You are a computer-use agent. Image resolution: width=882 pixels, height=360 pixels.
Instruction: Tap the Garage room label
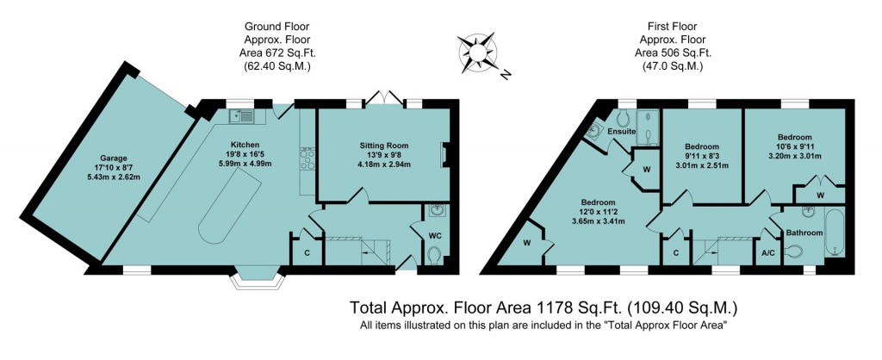pos(113,158)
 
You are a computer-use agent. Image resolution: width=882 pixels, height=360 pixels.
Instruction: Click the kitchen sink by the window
pos(241,115)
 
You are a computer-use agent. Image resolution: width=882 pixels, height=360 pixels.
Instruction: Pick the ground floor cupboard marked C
pos(305,252)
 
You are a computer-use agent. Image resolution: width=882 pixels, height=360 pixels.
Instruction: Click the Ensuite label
pos(621,132)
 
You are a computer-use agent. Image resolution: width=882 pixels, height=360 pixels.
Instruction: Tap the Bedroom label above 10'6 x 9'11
pos(793,137)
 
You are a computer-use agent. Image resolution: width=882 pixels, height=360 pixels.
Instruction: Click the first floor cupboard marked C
pos(676,252)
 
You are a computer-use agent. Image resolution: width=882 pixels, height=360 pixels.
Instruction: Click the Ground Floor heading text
pos(278,28)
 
